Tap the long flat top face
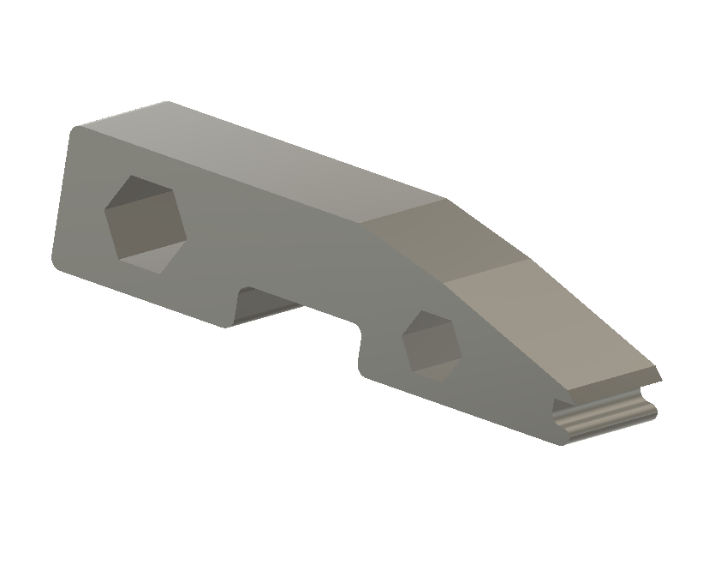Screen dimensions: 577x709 click(x=274, y=159)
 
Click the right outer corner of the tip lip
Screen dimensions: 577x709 click(x=662, y=376)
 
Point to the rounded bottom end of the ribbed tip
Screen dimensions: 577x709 click(x=565, y=439)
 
